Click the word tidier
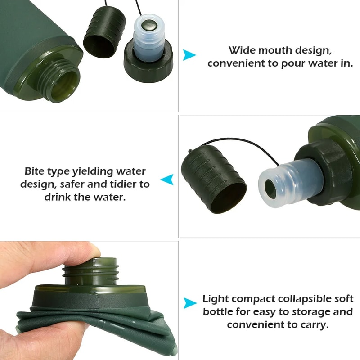point(117,184)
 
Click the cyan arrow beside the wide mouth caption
point(189,55)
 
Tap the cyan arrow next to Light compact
point(190,303)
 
